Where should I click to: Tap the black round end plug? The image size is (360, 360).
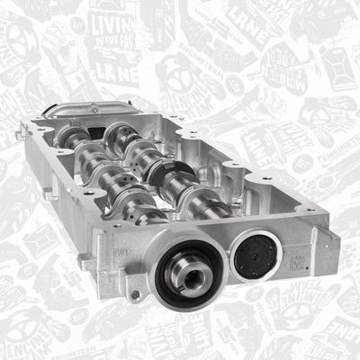pos(257,256)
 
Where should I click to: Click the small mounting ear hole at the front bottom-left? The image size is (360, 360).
pos(134,294)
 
